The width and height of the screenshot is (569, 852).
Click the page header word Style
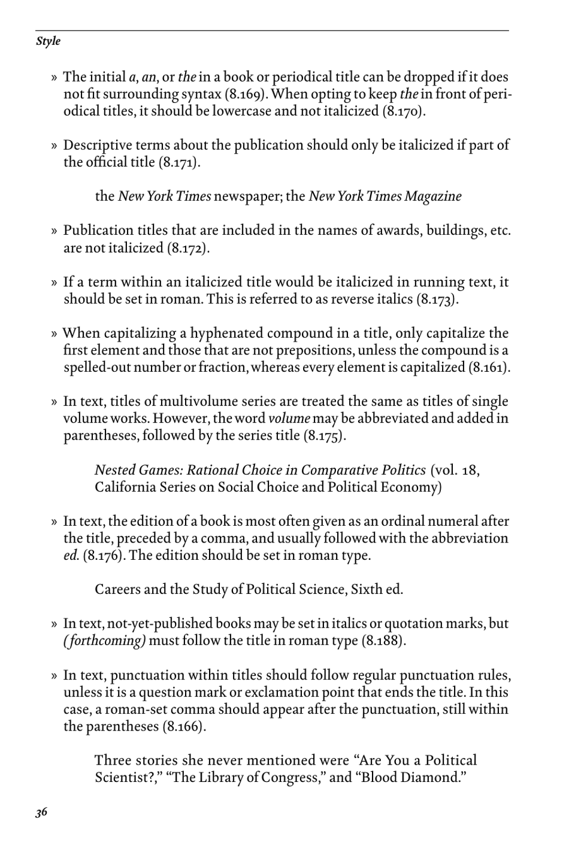pyautogui.click(x=48, y=41)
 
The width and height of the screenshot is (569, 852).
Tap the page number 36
pyautogui.click(x=41, y=812)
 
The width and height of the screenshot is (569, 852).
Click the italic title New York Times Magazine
pyautogui.click(x=385, y=196)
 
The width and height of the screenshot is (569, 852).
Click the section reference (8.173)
pyautogui.click(x=437, y=299)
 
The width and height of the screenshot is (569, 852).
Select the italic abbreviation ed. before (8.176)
pyautogui.click(x=71, y=555)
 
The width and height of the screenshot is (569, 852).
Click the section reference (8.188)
pyautogui.click(x=384, y=641)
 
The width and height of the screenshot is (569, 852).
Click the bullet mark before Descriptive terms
pyautogui.click(x=54, y=145)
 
